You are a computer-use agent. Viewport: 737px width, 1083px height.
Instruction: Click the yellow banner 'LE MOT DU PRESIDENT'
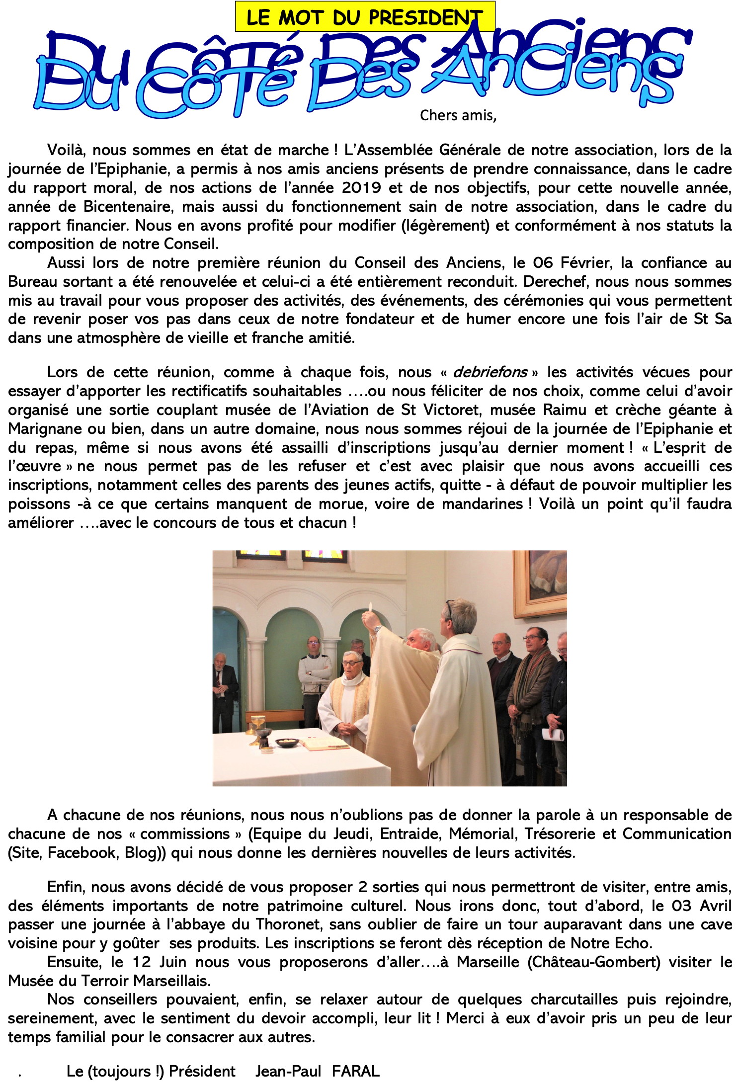[x=365, y=17]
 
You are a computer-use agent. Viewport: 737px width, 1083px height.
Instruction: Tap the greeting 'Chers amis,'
[x=458, y=115]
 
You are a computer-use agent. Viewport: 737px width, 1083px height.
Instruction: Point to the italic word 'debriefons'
[x=490, y=372]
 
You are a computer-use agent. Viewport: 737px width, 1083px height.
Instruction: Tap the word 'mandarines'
[x=482, y=504]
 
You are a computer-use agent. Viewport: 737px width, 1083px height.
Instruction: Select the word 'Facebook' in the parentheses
[x=81, y=853]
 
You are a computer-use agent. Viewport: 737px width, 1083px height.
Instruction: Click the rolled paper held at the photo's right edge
[x=553, y=735]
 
